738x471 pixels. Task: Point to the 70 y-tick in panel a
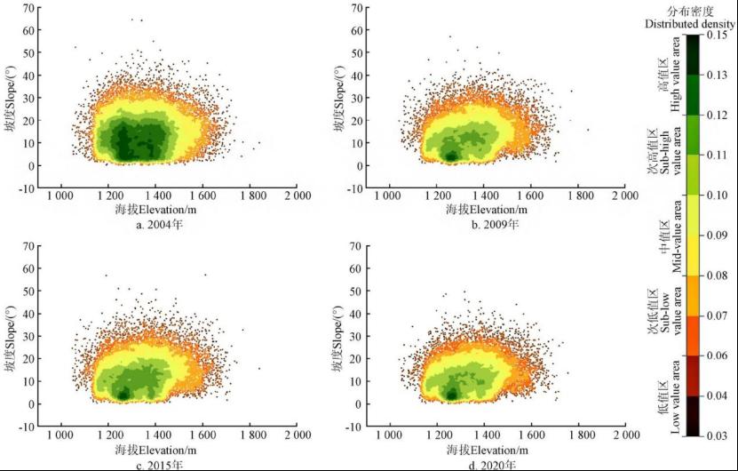point(29,8)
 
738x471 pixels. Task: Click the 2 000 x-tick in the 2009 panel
point(624,196)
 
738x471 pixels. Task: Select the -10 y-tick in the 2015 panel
point(28,426)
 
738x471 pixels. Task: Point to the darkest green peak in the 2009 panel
point(450,156)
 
